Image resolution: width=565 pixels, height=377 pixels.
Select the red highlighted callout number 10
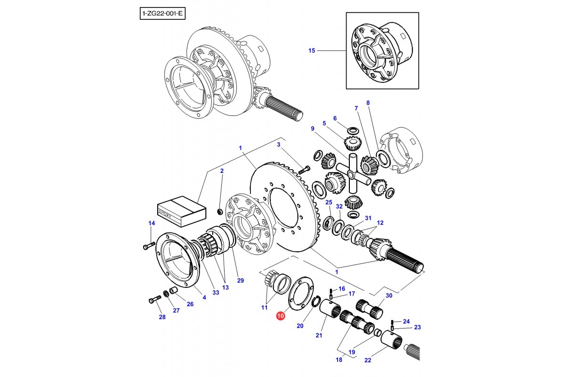281,316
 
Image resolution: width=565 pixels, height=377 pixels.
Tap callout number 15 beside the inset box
311,50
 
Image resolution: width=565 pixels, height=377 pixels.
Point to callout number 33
216,293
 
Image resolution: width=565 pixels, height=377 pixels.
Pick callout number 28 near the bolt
162,317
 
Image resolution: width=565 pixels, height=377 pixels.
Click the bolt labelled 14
147,246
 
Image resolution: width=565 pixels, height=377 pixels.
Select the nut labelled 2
220,210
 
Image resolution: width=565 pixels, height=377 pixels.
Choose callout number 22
368,361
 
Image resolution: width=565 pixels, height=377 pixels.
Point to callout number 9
312,128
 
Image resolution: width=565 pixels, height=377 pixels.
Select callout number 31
368,218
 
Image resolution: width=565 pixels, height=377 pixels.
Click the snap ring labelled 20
316,303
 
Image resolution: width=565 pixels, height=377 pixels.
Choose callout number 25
329,202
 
